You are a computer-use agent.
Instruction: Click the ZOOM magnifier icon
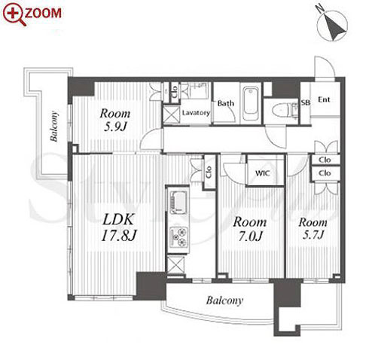click(13, 14)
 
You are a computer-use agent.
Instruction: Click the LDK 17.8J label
click(118, 227)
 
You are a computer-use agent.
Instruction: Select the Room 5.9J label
click(115, 121)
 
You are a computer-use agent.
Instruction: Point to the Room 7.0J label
click(249, 229)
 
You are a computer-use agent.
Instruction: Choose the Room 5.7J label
click(312, 228)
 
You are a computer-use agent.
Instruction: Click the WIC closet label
click(263, 173)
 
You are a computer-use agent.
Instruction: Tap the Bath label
click(226, 103)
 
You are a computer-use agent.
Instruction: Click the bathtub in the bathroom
click(251, 104)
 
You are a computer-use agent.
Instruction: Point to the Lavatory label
click(196, 113)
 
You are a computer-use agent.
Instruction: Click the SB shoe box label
click(306, 102)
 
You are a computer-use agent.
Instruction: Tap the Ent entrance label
click(324, 99)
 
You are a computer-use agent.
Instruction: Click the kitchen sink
click(178, 203)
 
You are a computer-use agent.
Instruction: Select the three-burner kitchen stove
click(178, 236)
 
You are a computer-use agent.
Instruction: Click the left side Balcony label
click(54, 127)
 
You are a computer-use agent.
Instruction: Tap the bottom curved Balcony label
click(224, 301)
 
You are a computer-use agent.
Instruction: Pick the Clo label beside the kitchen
click(209, 172)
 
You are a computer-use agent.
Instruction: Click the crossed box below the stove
click(175, 264)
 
